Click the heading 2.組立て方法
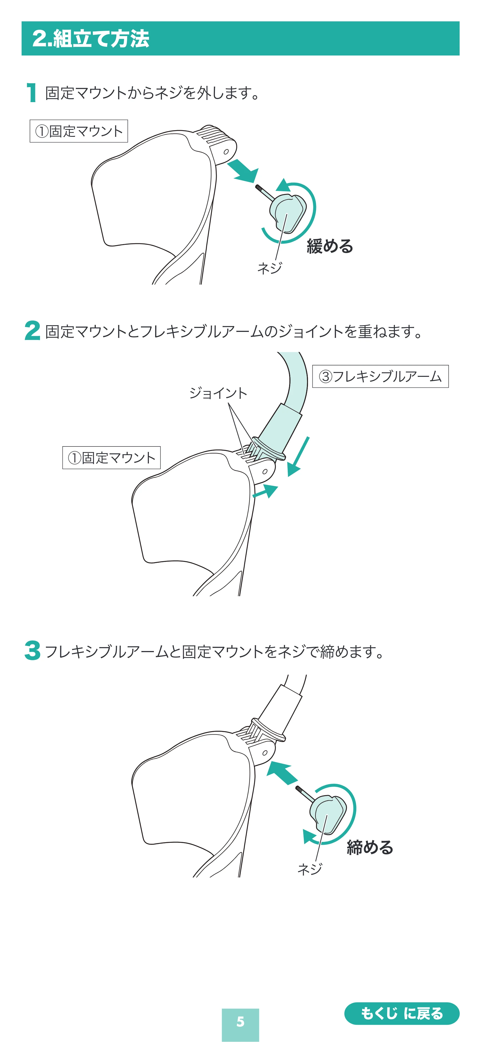pyautogui.click(x=91, y=39)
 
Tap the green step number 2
pyautogui.click(x=32, y=330)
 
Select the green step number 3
pyautogui.click(x=32, y=650)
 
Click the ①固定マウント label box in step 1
pyautogui.click(x=79, y=131)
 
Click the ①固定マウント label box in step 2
pyautogui.click(x=111, y=458)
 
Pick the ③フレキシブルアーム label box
pyautogui.click(x=380, y=376)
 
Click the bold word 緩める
pyautogui.click(x=330, y=246)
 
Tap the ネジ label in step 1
pyautogui.click(x=270, y=268)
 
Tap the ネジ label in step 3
pyautogui.click(x=310, y=869)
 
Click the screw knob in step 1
pyautogui.click(x=287, y=213)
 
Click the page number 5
pyautogui.click(x=240, y=1021)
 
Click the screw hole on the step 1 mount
pyautogui.click(x=226, y=152)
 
